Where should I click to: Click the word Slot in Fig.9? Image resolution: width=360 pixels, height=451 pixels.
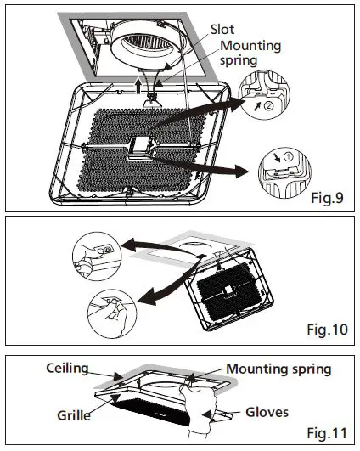(223, 29)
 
